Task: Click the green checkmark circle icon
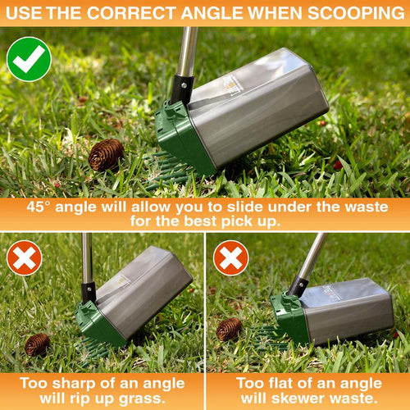pos(29,59)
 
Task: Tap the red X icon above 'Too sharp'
pos(25,257)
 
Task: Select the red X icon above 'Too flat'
pos(231,257)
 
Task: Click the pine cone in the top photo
pos(106,155)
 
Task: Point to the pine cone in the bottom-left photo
pos(37,344)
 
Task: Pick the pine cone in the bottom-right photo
pos(229,329)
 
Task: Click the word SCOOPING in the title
pos(356,13)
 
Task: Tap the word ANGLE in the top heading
pos(212,13)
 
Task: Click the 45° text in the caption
pos(39,207)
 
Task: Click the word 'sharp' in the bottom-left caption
pos(73,384)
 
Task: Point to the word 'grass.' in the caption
pos(142,399)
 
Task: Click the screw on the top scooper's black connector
pos(184,85)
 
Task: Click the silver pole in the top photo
pos(187,52)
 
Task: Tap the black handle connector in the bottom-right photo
pos(298,287)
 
